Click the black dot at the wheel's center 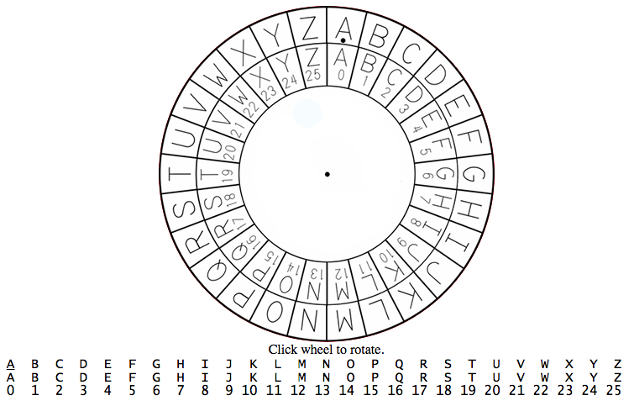click(327, 175)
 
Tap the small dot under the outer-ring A click(343, 40)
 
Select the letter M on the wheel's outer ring click(345, 319)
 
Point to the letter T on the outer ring click(180, 175)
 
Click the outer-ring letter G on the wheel click(474, 175)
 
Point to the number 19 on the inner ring click(228, 175)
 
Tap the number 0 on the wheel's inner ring click(341, 76)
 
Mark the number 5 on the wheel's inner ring click(424, 151)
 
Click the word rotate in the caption click(369, 350)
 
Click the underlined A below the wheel click(11, 365)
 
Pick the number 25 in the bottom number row click(613, 390)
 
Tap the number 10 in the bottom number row click(249, 390)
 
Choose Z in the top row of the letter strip click(617, 365)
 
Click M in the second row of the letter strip click(301, 377)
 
